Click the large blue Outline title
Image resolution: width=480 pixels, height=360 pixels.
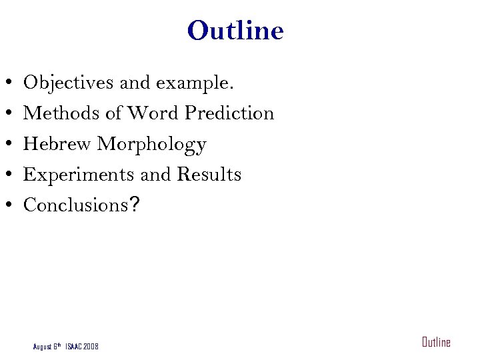coord(235,31)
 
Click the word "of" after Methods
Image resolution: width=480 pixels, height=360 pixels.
coord(113,113)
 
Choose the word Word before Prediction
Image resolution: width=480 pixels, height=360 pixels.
coord(153,113)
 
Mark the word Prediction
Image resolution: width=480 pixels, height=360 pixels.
coord(229,114)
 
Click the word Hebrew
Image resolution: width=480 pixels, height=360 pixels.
coord(58,144)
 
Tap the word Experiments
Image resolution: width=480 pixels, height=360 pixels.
coord(79,175)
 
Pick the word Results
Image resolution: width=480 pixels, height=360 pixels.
coord(209,175)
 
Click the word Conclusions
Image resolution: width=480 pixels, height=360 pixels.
coord(75,205)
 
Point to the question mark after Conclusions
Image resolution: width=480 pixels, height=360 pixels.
coord(135,205)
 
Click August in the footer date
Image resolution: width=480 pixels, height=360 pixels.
coord(42,347)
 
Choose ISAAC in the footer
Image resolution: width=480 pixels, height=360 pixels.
coord(73,347)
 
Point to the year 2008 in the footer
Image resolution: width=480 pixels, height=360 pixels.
coord(91,347)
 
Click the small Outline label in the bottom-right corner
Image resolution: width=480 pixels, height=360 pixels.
coord(436,343)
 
